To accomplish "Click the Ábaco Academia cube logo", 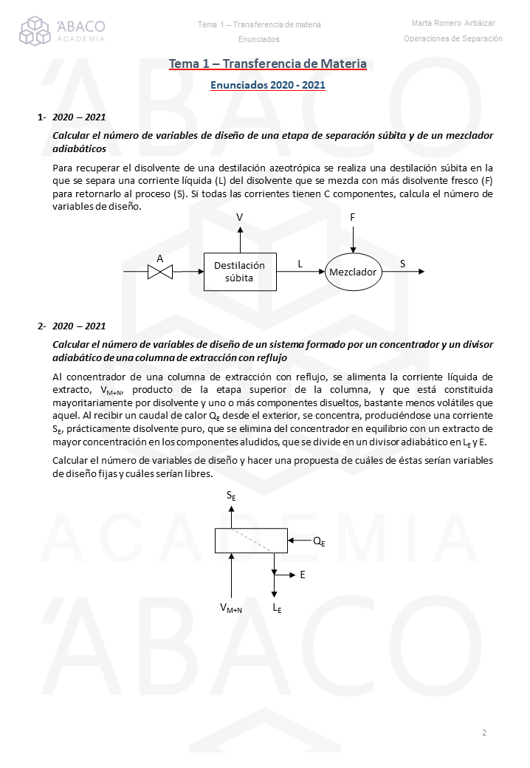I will (x=35, y=30).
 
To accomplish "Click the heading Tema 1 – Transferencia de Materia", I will (x=268, y=64).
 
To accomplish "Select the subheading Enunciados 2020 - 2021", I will (x=268, y=85).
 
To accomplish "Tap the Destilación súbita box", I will (x=240, y=272).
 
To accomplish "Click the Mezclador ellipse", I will (x=353, y=272).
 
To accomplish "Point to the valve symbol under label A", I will (x=160, y=272).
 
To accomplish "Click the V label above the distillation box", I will (x=240, y=217).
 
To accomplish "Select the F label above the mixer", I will (x=353, y=218).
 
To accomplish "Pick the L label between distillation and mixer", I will (x=300, y=263).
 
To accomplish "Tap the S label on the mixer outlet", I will (x=403, y=263).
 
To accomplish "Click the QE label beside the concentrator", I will (x=319, y=541).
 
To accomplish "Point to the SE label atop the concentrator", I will (x=231, y=498).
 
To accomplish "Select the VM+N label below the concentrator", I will (x=231, y=608).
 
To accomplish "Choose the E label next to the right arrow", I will (x=303, y=574).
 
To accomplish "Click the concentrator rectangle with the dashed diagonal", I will (x=251, y=541).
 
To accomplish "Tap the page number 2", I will (x=484, y=733).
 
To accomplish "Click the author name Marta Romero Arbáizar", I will (x=454, y=24).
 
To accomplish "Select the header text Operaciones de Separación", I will (x=453, y=38).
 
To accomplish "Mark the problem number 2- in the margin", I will (x=42, y=326).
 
